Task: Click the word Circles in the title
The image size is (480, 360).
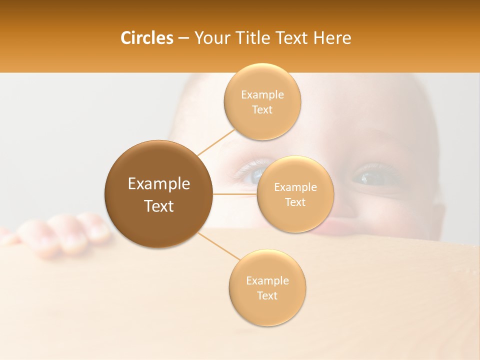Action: (x=147, y=38)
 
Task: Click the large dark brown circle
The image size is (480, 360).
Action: (x=159, y=194)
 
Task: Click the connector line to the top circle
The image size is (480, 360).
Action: (x=216, y=142)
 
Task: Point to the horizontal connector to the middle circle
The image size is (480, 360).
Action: (x=234, y=194)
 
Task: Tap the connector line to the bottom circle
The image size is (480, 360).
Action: (x=219, y=247)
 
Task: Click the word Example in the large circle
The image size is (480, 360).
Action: (x=159, y=184)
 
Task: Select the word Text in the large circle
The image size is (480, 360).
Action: (x=159, y=206)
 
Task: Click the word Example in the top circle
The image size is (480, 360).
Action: (x=262, y=95)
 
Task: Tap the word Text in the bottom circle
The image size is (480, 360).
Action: (x=267, y=295)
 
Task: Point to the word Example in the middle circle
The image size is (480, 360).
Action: (x=295, y=187)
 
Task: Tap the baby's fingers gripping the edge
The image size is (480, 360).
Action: (x=65, y=235)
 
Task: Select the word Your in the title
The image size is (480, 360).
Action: (x=208, y=38)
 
